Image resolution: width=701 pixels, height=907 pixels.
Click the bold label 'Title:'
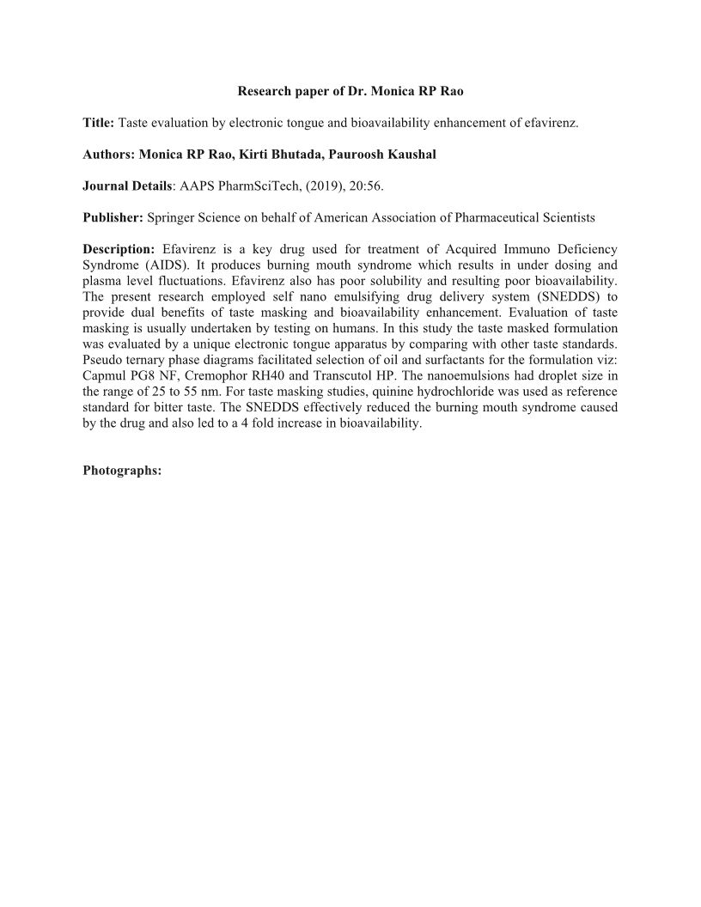click(x=98, y=124)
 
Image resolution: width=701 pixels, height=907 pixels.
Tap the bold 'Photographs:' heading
click(x=122, y=470)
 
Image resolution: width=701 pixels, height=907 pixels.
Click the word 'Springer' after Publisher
click(x=172, y=218)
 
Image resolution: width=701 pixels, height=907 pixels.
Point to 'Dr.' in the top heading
click(x=348, y=92)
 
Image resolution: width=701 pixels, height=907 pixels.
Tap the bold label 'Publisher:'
click(x=113, y=218)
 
